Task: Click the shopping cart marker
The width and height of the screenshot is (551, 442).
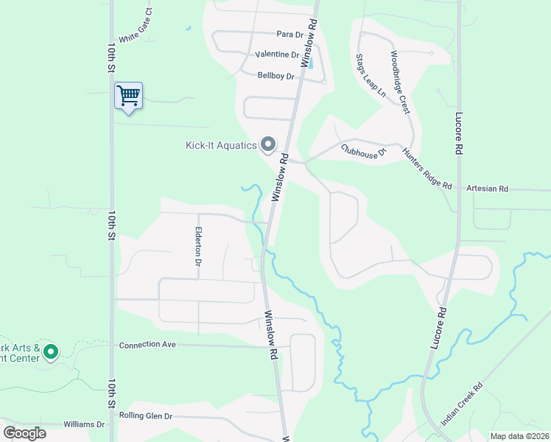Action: point(128,96)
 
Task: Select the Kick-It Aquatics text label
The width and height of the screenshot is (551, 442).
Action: point(220,145)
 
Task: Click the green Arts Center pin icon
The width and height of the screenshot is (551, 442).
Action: point(50,352)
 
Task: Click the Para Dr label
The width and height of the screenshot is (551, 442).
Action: point(289,35)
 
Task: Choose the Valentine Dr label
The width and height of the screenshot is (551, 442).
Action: point(277,55)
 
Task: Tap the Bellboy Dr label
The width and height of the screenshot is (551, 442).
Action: point(276,76)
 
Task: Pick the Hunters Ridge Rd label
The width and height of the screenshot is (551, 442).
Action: point(427,169)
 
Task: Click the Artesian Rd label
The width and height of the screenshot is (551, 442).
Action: point(488,189)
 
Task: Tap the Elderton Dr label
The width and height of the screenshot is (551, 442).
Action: point(198,246)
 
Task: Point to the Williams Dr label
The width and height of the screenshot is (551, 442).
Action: point(84,425)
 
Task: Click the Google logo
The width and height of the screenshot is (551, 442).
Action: point(24,432)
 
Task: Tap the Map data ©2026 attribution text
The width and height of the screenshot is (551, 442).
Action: point(519,436)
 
